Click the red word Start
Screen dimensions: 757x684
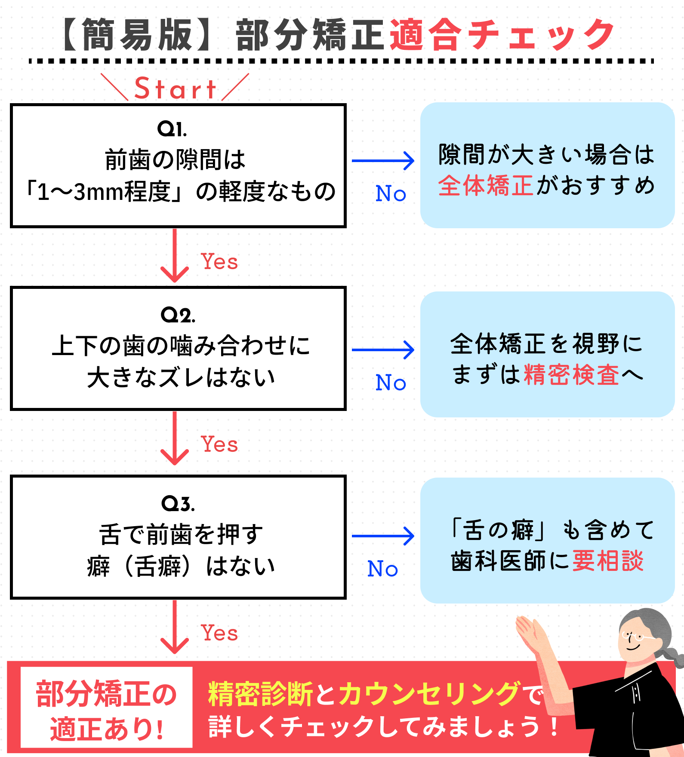click(x=175, y=89)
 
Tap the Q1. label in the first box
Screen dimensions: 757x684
click(x=172, y=129)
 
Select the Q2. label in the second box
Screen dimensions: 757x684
click(x=178, y=315)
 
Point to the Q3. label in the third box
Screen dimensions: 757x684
click(x=178, y=503)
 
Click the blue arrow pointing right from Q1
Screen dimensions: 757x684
click(x=383, y=161)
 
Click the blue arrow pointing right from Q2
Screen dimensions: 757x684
click(x=383, y=349)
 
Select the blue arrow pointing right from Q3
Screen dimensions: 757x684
click(x=383, y=536)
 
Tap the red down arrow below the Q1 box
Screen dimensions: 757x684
click(x=175, y=256)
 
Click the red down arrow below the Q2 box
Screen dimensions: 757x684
click(x=175, y=438)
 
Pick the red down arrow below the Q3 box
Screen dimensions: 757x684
click(x=175, y=627)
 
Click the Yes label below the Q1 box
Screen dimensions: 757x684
click(x=219, y=261)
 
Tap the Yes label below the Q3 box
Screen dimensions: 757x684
click(x=219, y=633)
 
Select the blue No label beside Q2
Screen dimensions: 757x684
click(x=391, y=382)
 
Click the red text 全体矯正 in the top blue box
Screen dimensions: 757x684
click(x=486, y=186)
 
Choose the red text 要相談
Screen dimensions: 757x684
click(x=608, y=561)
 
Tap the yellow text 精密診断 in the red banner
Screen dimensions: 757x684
click(x=261, y=694)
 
